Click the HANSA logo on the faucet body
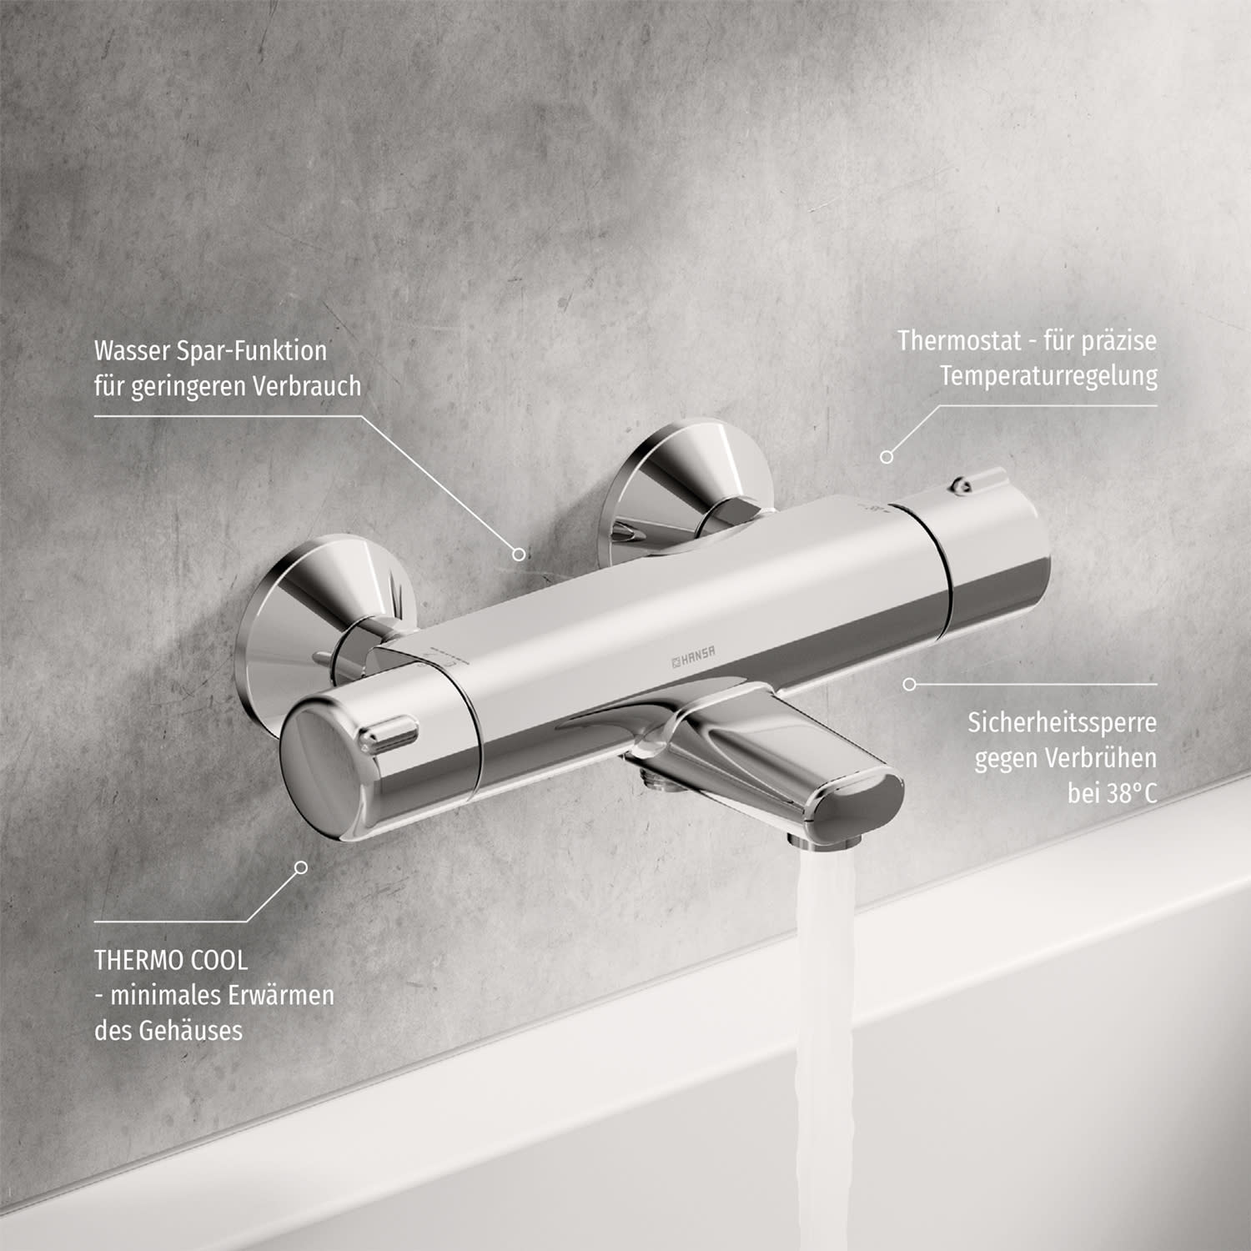click(x=693, y=657)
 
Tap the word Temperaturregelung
click(x=1049, y=376)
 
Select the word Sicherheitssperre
click(x=1063, y=722)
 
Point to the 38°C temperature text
click(x=1132, y=792)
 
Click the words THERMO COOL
click(x=171, y=960)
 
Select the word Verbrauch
click(x=307, y=386)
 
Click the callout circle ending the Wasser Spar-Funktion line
click(x=519, y=554)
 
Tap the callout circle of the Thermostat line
click(x=887, y=457)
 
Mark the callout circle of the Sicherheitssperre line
click(x=910, y=684)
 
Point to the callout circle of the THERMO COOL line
click(x=301, y=867)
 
